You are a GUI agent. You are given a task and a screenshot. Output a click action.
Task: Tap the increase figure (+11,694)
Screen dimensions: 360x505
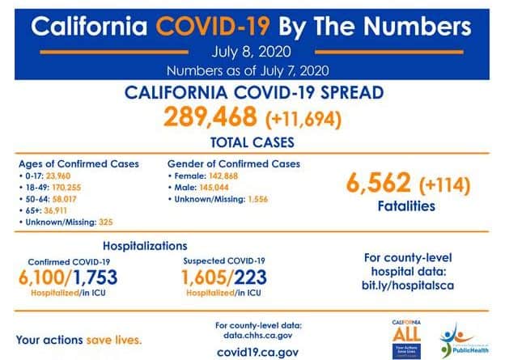pyautogui.click(x=303, y=120)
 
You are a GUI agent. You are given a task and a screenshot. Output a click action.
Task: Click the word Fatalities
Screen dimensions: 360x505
pyautogui.click(x=405, y=206)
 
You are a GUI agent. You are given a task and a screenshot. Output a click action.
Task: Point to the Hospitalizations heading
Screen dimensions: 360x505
pyautogui.click(x=145, y=245)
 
